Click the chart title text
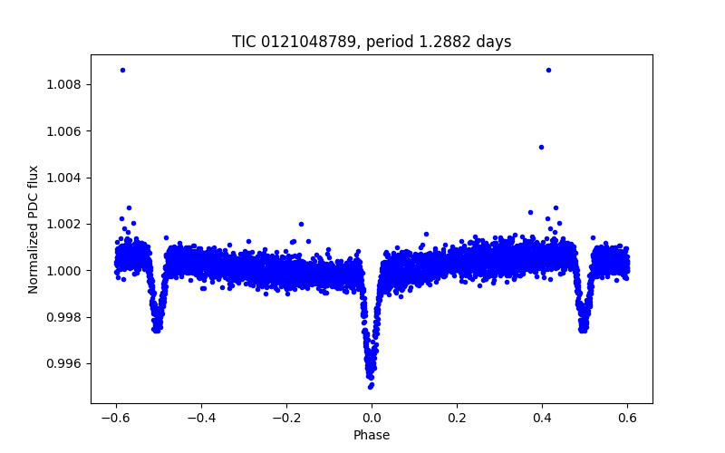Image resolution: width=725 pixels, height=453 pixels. (x=372, y=43)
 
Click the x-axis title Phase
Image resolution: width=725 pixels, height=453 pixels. (x=372, y=435)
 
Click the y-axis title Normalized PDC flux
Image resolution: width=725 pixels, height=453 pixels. (x=34, y=229)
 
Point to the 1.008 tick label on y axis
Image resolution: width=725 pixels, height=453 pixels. (x=64, y=85)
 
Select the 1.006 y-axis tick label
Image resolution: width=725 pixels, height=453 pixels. (x=64, y=131)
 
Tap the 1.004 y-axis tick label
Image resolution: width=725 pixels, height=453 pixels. (x=64, y=178)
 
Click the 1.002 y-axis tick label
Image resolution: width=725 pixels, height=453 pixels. (x=64, y=224)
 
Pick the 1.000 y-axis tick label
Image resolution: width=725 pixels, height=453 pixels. (x=64, y=271)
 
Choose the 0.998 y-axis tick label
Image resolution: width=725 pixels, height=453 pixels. (x=64, y=317)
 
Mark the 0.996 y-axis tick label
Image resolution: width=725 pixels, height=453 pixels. (x=64, y=363)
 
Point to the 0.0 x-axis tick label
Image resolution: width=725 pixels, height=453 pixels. (x=372, y=418)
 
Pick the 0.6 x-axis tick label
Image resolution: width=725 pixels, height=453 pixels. (x=627, y=418)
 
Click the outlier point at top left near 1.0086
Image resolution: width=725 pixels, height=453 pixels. (x=122, y=70)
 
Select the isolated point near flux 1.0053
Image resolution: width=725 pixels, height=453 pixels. (x=541, y=147)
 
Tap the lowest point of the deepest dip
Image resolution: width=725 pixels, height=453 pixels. (x=371, y=387)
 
